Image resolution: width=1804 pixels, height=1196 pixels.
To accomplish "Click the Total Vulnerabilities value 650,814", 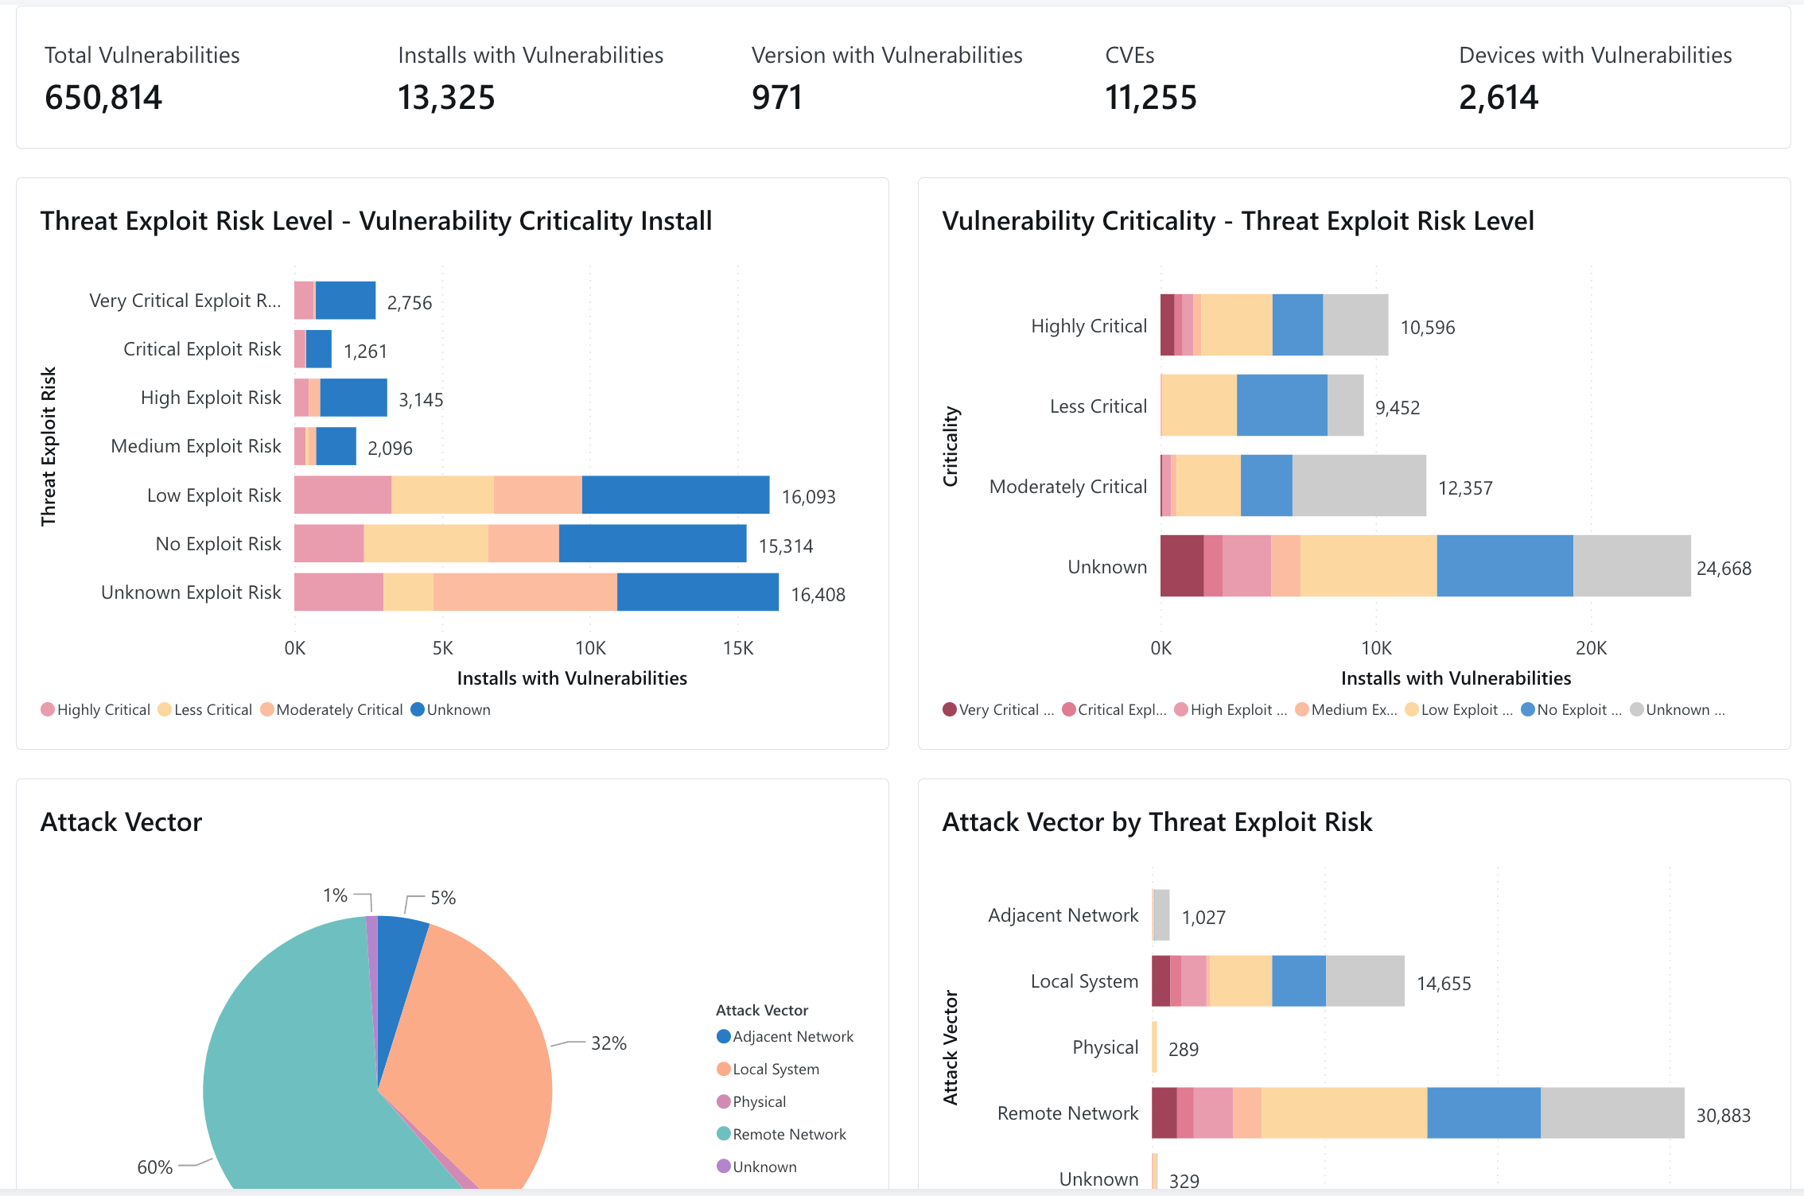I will (x=103, y=98).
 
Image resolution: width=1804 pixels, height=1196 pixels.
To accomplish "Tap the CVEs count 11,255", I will (x=1150, y=98).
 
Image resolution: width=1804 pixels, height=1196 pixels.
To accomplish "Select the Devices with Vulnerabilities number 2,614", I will (x=1498, y=98).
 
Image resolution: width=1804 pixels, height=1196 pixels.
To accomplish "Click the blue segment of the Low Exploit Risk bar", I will (x=675, y=495).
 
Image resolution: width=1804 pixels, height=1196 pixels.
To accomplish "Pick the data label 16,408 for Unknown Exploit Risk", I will (x=818, y=595).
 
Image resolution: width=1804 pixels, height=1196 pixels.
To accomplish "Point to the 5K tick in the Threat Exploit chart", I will (x=442, y=648).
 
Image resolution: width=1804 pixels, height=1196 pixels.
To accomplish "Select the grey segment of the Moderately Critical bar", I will (x=1359, y=486).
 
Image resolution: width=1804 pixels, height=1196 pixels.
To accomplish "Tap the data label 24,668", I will (x=1724, y=569).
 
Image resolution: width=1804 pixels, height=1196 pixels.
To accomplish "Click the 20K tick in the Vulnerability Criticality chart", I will (x=1591, y=648).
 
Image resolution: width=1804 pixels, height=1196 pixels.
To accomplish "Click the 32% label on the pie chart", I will (x=608, y=1043).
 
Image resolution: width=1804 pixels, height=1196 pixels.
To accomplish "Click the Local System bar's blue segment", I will (x=1298, y=981).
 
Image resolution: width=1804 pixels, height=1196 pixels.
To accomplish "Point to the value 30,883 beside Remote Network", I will (x=1723, y=1116).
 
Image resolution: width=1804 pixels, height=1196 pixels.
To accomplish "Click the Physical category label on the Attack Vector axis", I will (x=1105, y=1047).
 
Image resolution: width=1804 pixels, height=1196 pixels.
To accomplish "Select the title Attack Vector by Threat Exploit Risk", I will (x=1157, y=822).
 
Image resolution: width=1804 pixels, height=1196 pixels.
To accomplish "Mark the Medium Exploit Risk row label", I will (x=196, y=446).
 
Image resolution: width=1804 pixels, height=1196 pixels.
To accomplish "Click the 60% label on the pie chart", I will (x=154, y=1167).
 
